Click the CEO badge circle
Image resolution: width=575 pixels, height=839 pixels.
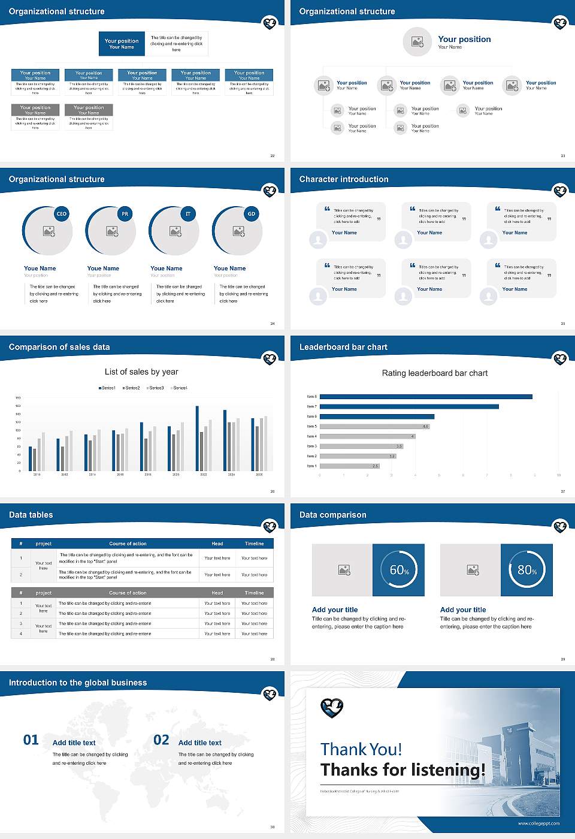coord(62,214)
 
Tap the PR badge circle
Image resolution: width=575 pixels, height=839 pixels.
coord(125,214)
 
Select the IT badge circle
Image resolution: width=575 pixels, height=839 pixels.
coord(188,214)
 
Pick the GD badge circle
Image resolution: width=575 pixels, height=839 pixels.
coord(252,214)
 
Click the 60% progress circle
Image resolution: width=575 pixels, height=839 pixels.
coord(399,570)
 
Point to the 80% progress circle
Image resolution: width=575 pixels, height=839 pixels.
coord(526,570)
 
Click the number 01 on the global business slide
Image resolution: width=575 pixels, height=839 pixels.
coord(31,740)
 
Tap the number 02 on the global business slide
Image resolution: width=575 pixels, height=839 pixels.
coord(161,740)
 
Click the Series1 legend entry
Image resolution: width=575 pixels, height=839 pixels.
coord(107,388)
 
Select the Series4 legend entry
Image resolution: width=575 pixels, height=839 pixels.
coord(179,388)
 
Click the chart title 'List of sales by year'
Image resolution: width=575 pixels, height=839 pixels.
coord(141,372)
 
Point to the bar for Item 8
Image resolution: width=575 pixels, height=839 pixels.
coord(426,397)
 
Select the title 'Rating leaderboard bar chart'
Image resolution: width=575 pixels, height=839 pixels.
coord(435,373)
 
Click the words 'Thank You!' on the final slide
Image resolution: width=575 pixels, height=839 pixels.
coord(361,749)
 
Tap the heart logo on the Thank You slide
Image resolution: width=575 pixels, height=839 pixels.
coord(332,708)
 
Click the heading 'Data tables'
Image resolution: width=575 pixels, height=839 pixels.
coord(31,515)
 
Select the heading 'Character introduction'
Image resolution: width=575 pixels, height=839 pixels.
coord(344,179)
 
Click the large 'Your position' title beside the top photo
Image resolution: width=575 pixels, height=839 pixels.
coord(464,39)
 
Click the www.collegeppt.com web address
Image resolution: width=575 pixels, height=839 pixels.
coord(538,823)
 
